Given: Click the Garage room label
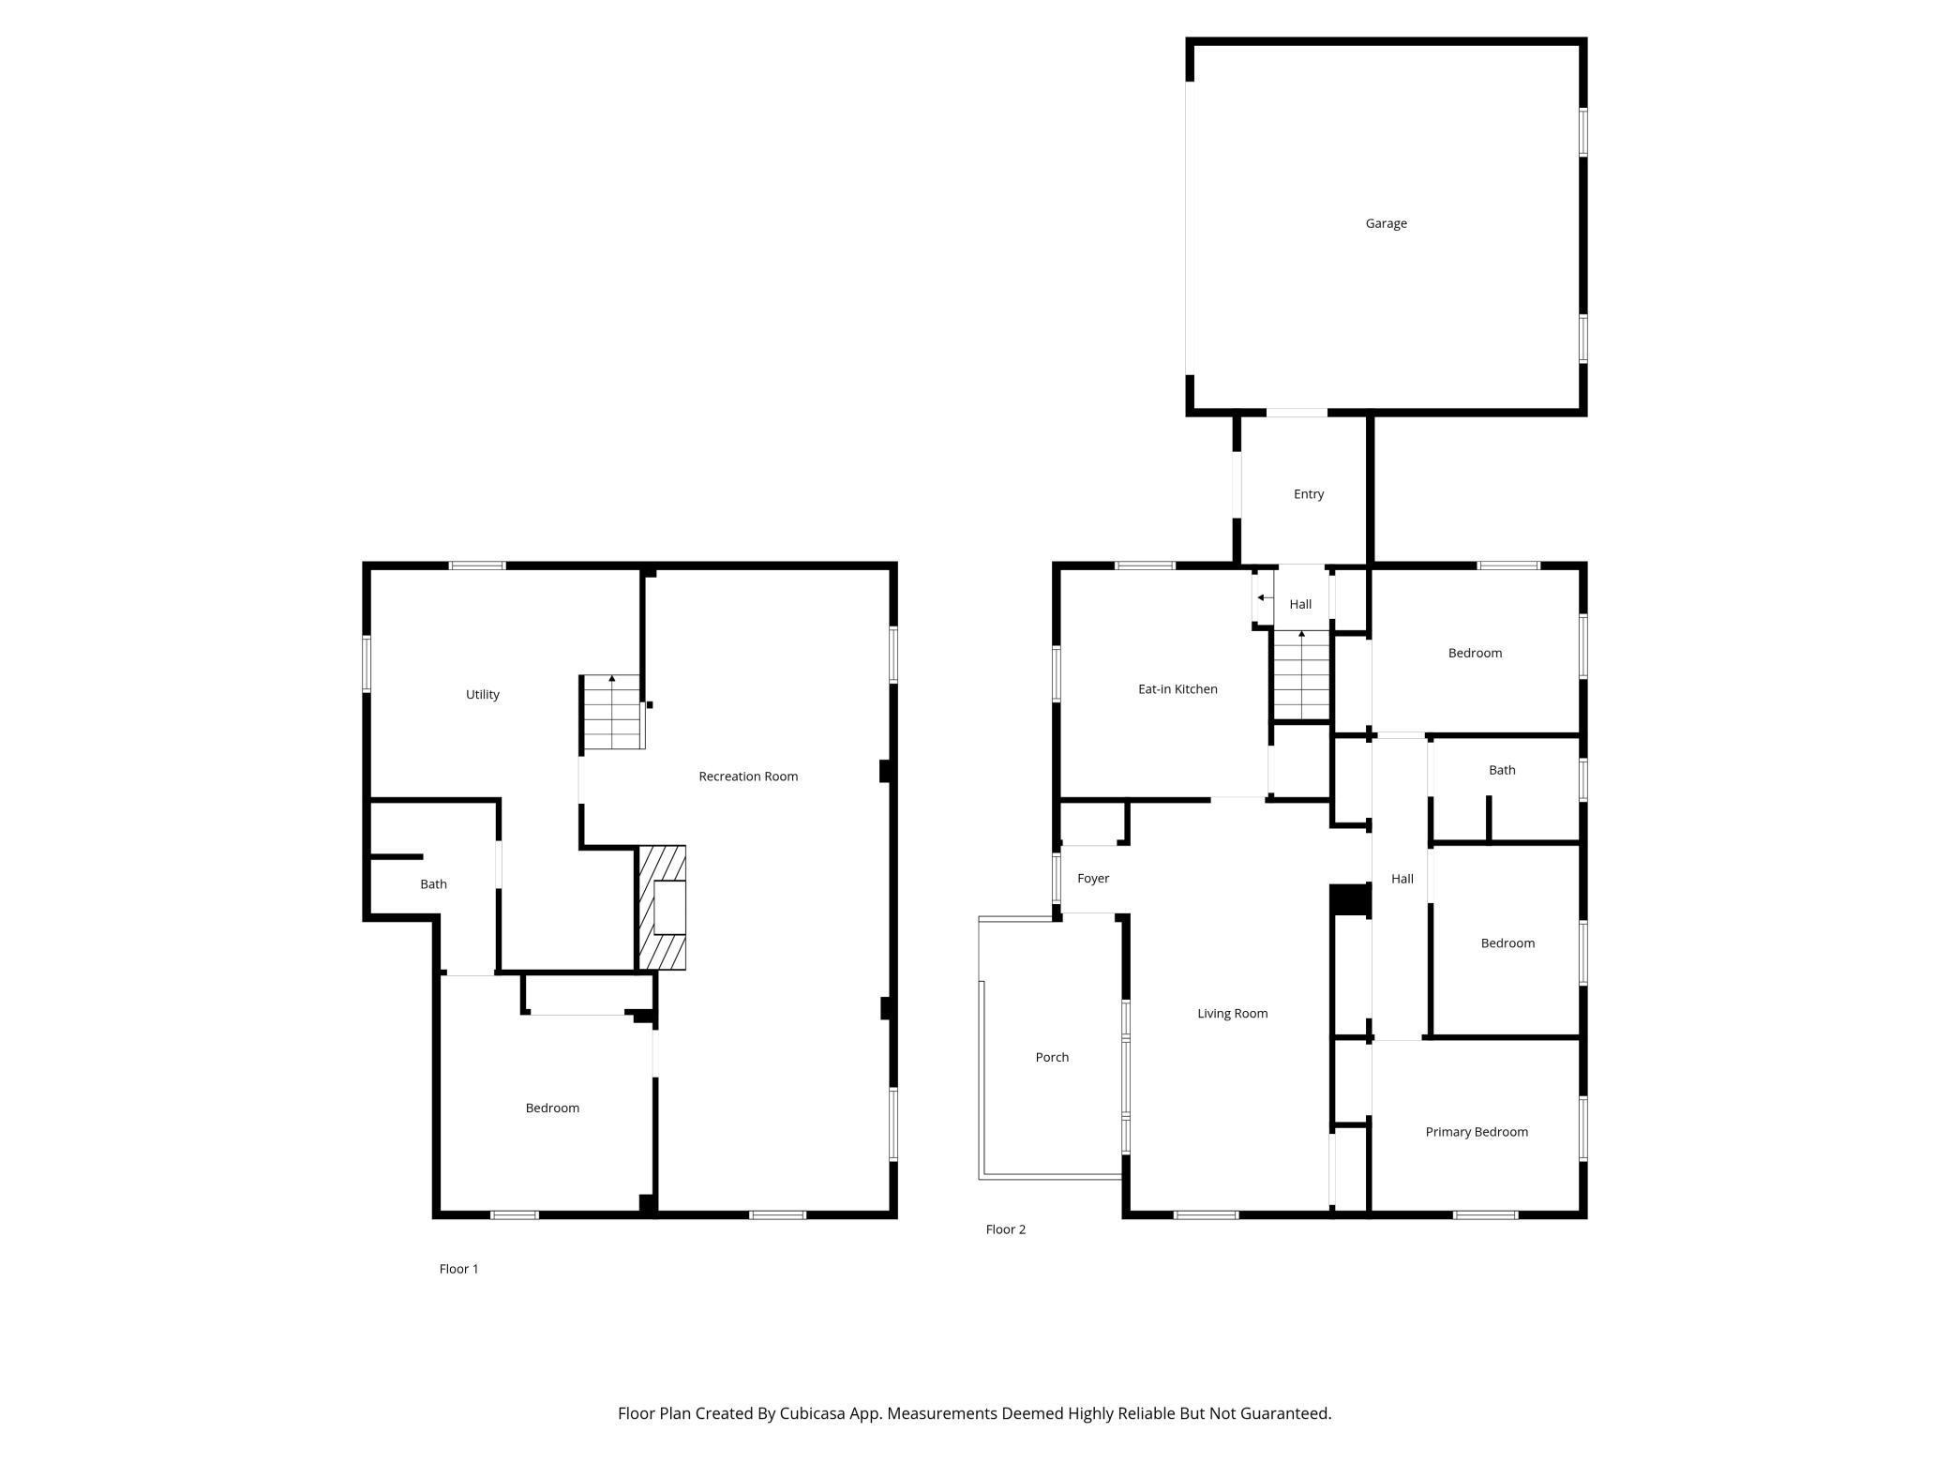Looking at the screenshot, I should coord(1386,223).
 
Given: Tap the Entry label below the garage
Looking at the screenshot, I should coord(1308,494).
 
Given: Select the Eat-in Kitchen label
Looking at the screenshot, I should coord(1177,689).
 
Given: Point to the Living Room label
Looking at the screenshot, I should coord(1232,1013).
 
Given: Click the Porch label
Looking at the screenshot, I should coord(1052,1057).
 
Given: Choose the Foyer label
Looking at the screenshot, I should coord(1093,879).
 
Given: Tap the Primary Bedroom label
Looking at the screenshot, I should coord(1477,1132).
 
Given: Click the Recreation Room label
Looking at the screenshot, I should coord(748,777).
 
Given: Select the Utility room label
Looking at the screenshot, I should coord(483,695).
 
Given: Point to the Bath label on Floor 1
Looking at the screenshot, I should coord(433,884).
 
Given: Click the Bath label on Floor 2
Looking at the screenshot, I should coord(1502,770).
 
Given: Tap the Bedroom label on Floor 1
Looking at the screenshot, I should coord(552,1109).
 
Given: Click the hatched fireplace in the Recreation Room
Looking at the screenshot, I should coord(662,908).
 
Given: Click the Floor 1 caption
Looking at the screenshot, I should coord(458,1269).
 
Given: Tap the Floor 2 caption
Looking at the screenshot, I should coord(1005,1229).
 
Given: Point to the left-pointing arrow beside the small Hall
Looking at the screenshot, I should coord(1265,597).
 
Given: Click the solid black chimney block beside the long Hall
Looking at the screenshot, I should coord(1351,899).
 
